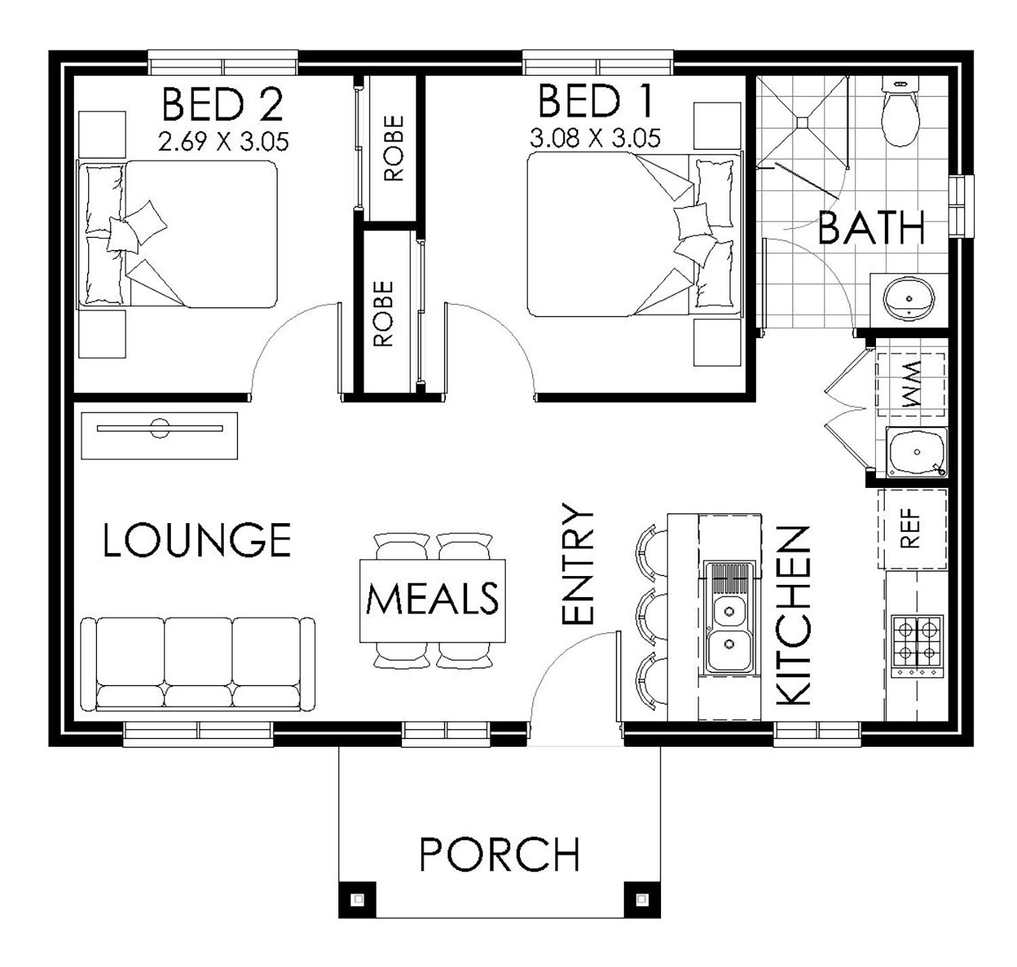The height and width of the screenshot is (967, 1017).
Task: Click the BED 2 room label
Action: [222, 104]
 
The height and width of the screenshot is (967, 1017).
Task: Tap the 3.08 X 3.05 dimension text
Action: [595, 138]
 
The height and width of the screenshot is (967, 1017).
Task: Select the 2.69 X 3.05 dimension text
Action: [223, 141]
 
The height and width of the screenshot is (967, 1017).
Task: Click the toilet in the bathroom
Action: [900, 111]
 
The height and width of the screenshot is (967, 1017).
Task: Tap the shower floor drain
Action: [802, 122]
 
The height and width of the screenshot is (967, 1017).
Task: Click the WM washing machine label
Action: [911, 384]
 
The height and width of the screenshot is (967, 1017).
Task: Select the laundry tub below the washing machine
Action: [917, 452]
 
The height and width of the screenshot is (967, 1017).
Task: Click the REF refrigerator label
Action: [911, 529]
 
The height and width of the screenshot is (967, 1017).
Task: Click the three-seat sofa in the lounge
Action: [197, 664]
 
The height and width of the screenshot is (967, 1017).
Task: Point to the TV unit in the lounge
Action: [159, 436]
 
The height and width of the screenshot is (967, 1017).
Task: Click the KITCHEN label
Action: [793, 615]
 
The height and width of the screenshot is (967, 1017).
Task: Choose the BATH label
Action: [871, 228]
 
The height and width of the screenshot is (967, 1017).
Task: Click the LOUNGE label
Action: [197, 539]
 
